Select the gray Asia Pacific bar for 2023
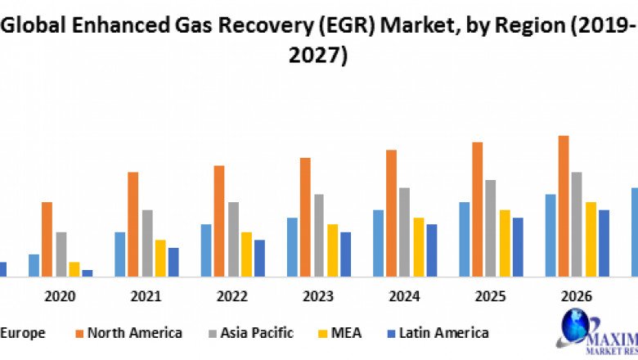click(x=319, y=236)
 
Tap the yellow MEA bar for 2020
click(x=74, y=269)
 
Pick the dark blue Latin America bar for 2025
click(x=518, y=247)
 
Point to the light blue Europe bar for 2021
click(x=120, y=254)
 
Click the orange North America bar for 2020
click(x=47, y=239)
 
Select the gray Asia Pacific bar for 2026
click(x=577, y=224)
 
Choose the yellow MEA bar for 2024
click(x=419, y=247)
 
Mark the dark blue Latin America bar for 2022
click(x=259, y=258)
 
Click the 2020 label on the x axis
click(x=61, y=295)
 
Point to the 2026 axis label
click(x=577, y=295)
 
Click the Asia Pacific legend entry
click(x=247, y=333)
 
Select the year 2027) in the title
click(x=318, y=55)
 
